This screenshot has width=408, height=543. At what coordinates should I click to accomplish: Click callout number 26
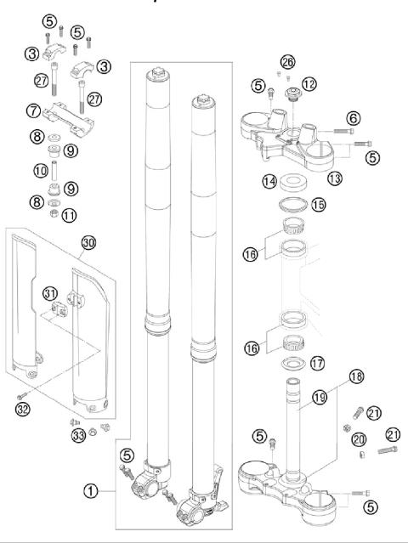pos(287,61)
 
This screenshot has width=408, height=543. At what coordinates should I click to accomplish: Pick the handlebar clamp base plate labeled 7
pos(76,115)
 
